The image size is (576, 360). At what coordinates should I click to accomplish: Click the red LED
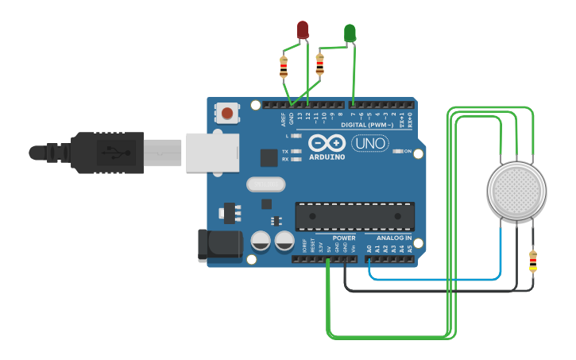click(x=303, y=30)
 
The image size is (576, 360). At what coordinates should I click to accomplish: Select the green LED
click(x=350, y=33)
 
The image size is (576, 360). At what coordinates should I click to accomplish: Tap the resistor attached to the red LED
click(x=284, y=67)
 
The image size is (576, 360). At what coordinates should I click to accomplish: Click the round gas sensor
click(x=516, y=191)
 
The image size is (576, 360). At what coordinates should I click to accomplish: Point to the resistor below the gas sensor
click(x=532, y=261)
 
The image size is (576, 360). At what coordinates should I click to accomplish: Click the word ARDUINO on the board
click(x=327, y=157)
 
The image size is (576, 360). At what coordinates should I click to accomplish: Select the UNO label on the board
click(x=370, y=144)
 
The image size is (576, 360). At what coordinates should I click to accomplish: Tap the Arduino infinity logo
click(x=327, y=143)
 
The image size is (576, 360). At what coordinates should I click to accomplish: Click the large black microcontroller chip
click(x=354, y=216)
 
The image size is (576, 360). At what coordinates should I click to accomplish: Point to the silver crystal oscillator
click(x=265, y=184)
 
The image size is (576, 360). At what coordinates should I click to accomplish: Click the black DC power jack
click(x=219, y=245)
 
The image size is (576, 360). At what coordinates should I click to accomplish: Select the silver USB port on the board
click(x=212, y=152)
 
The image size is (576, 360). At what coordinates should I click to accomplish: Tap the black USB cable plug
click(x=107, y=152)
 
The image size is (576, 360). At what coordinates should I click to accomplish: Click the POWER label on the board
click(x=344, y=238)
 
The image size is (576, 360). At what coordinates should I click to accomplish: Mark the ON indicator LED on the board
click(x=399, y=151)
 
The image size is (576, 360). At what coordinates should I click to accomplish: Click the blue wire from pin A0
click(x=437, y=279)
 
